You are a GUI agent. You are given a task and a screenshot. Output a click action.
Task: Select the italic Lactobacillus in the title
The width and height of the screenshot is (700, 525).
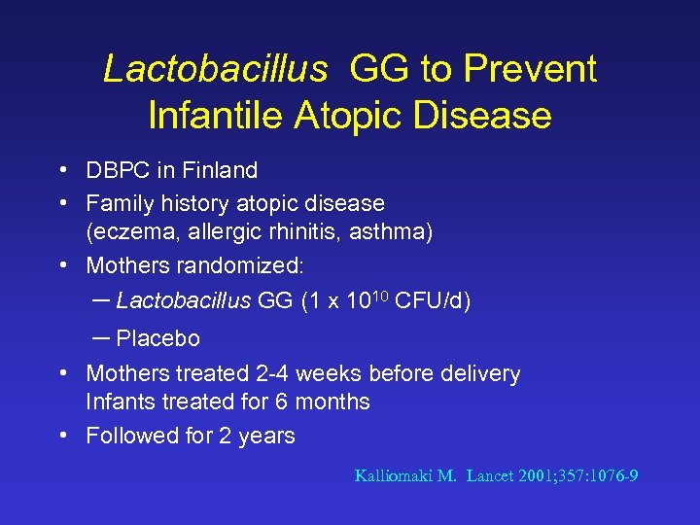[x=215, y=69]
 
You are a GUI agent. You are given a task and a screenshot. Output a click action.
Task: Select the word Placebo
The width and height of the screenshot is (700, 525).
[x=157, y=338]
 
